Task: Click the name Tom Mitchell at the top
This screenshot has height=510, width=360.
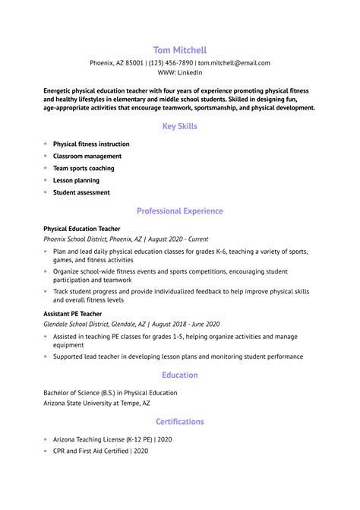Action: click(x=180, y=49)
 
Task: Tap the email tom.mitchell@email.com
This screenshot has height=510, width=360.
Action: click(x=234, y=63)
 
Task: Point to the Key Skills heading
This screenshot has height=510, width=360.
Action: click(x=180, y=125)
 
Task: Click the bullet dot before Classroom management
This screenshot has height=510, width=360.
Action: click(x=46, y=156)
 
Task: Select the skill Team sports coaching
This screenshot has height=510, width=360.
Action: click(x=84, y=168)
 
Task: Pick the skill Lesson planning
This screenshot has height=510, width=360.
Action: click(x=76, y=180)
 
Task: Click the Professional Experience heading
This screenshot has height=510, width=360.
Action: click(x=180, y=211)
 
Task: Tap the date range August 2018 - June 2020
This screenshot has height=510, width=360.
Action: click(x=182, y=322)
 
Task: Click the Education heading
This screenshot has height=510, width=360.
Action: click(x=180, y=375)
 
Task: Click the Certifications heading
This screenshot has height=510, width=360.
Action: click(x=180, y=421)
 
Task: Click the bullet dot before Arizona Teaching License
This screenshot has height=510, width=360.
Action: click(x=46, y=439)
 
